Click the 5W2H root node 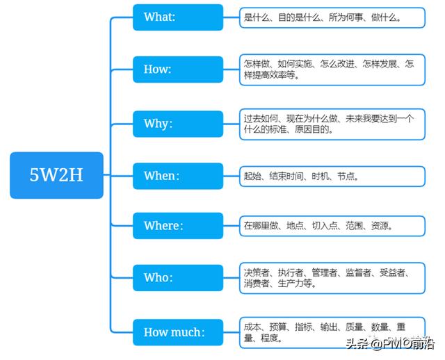[x=56, y=175]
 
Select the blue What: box [x=178, y=17]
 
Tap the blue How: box [x=178, y=69]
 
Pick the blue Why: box [x=178, y=124]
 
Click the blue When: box [x=178, y=176]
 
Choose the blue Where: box [x=178, y=226]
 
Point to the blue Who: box [x=178, y=277]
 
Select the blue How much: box [x=178, y=332]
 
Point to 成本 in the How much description [x=252, y=327]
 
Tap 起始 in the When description [x=252, y=176]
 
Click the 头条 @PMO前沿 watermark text [x=389, y=343]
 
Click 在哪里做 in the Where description [x=260, y=226]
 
